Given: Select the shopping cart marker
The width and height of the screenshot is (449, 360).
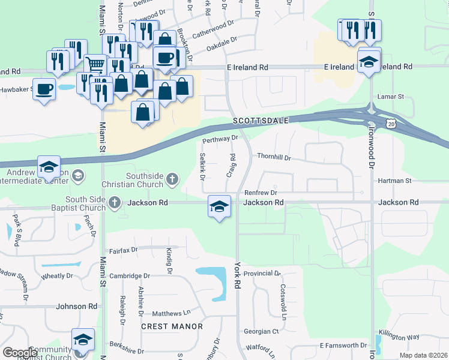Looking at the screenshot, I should (95, 64).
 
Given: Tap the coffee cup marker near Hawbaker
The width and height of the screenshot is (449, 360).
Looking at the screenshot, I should (44, 89).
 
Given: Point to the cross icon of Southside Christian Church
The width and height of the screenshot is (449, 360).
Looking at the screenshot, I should (172, 178).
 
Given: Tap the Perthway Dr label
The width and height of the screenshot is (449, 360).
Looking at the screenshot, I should (220, 140).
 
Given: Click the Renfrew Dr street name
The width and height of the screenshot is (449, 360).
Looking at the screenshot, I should (261, 193).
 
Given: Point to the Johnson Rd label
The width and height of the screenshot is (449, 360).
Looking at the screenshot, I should (76, 306).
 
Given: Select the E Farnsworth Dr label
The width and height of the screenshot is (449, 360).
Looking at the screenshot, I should (343, 346).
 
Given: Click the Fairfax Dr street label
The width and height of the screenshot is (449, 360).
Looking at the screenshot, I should (123, 249).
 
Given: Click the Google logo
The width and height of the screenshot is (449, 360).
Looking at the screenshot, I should (20, 352).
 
